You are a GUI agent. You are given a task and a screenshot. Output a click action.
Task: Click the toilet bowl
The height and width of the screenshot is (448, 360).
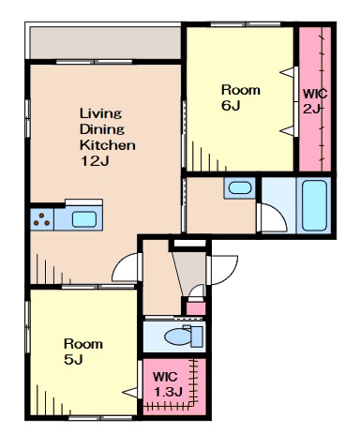[x=177, y=336]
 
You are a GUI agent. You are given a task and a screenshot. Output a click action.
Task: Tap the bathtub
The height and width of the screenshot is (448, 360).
[x=315, y=205]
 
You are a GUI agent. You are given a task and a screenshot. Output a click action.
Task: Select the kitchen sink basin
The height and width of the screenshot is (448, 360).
[x=84, y=219]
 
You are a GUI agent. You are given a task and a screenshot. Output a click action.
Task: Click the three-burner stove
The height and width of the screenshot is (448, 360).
[x=42, y=219]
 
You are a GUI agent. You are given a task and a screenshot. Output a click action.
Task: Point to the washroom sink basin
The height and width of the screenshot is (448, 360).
[x=240, y=187]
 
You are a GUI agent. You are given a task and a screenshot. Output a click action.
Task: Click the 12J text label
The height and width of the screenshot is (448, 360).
[x=95, y=161]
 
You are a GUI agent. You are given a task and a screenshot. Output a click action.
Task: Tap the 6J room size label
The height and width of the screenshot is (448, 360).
[x=231, y=106]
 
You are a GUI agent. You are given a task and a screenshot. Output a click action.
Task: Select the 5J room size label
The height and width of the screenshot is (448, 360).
[x=73, y=360]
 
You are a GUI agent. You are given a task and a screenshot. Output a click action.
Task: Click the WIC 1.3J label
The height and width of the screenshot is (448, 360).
[x=168, y=384]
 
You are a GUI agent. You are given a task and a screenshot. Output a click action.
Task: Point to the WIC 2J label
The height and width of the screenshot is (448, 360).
[x=315, y=101]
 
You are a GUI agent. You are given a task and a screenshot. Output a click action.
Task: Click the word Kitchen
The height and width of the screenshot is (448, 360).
[x=108, y=145]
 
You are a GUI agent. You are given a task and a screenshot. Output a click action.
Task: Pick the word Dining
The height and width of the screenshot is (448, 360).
[x=102, y=129]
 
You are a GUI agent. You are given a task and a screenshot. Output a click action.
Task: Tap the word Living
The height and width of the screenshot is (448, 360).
[x=101, y=113]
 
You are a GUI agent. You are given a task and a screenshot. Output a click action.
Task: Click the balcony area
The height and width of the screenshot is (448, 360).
[x=105, y=42]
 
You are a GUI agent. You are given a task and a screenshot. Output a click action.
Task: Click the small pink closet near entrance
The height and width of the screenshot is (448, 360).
[x=196, y=308]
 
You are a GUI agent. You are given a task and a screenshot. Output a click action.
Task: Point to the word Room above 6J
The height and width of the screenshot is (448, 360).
[x=241, y=90]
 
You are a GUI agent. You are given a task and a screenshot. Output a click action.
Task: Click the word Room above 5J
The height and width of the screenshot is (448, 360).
[x=83, y=344]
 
